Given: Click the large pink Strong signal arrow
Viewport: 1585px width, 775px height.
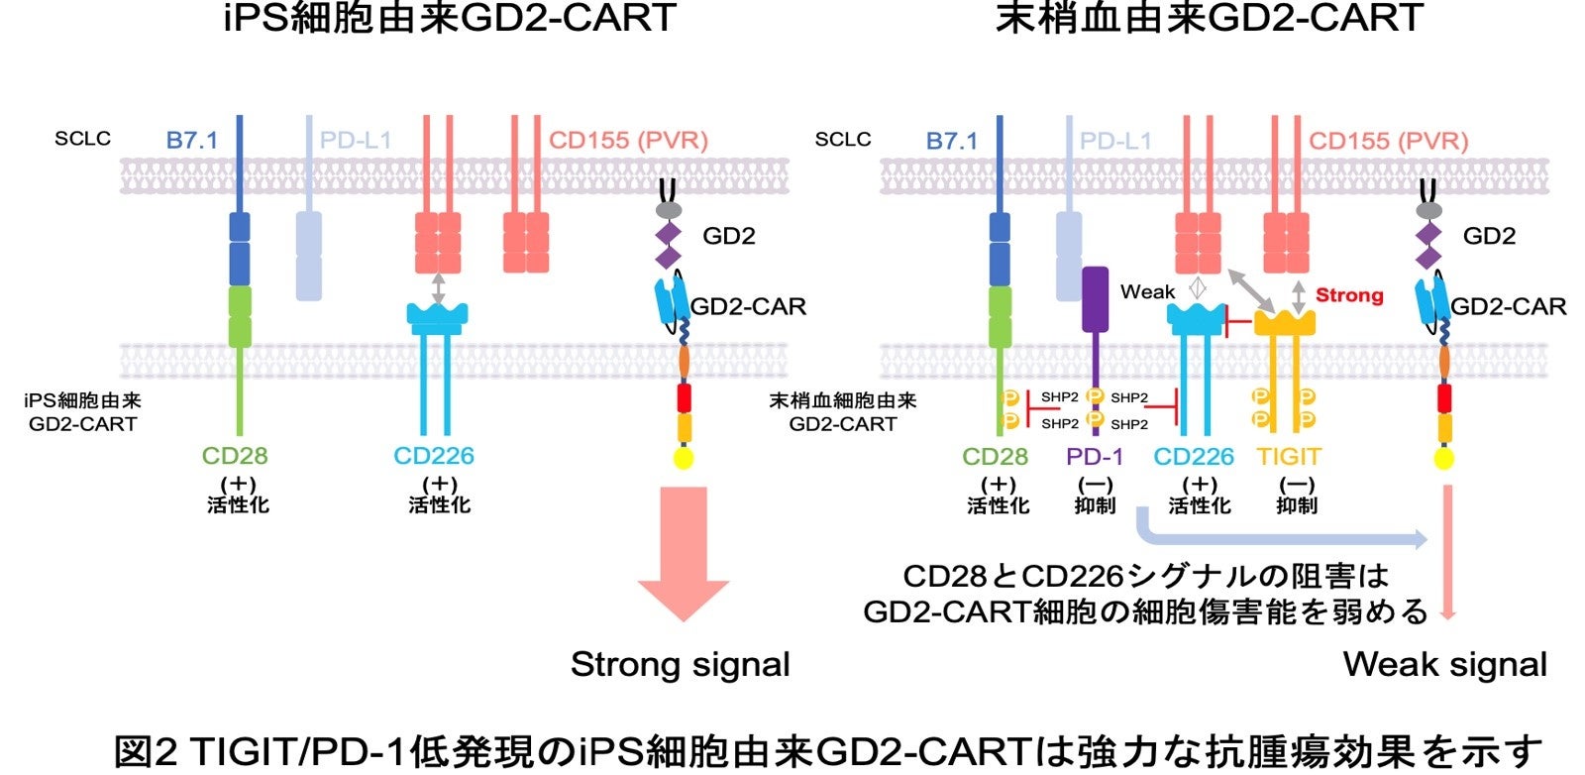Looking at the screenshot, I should pos(684,550).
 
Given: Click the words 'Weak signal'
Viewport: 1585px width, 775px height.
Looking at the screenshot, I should pos(1444,665).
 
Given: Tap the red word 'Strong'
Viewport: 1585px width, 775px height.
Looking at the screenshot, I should pos(1348,295).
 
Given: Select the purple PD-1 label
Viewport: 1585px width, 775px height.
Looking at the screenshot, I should pos(1095,457).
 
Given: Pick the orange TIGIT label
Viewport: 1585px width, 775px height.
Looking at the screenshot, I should pos(1289,457).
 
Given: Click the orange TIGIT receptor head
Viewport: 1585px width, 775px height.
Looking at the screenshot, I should pos(1285,322).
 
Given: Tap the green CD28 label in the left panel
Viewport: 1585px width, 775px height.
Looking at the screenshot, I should pos(235,456).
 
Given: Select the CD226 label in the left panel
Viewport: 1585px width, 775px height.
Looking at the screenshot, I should pos(434,456).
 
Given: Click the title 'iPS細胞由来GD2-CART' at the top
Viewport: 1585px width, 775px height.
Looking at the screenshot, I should pos(451,18).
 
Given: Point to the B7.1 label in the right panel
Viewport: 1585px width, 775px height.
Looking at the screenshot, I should pos(952,141).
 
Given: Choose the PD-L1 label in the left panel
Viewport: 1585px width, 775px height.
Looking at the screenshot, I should pos(356,141).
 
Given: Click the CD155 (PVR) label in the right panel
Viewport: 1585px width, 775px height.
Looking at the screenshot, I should pos(1388,141).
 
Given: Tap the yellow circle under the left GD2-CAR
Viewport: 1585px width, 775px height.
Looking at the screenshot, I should pos(684,458).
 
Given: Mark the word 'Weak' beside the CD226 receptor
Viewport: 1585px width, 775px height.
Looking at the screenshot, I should pos(1147,291).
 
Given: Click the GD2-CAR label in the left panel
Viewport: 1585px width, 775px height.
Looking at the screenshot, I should pos(749,306).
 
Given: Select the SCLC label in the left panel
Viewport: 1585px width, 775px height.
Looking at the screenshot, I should pos(82,139).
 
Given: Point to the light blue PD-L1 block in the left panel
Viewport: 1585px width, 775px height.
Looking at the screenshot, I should pos(309,255).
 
